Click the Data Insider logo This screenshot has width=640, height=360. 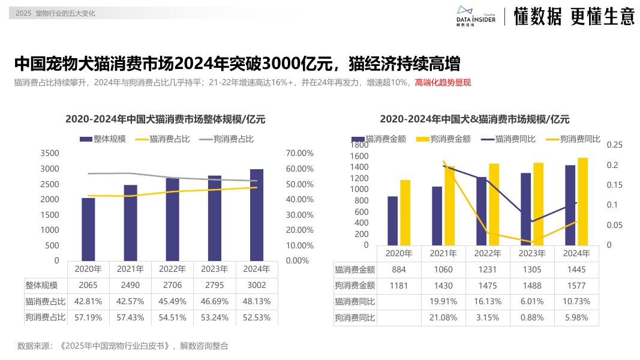476,16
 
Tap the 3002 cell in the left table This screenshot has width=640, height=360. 256,285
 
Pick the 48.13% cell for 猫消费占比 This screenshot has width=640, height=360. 256,301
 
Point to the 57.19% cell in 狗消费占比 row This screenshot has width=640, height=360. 88,317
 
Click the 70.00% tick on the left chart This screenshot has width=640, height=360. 299,153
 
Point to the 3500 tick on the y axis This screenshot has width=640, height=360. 50,153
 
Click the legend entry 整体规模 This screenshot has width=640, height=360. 103,139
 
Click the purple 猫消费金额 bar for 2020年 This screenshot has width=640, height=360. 392,220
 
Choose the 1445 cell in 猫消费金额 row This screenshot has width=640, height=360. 576,270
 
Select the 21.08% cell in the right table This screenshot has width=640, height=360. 444,317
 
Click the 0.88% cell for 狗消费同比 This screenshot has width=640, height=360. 532,317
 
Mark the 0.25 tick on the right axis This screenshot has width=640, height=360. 615,145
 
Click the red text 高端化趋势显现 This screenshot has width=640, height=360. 443,82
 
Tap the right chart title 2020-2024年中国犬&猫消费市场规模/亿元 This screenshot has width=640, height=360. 474,119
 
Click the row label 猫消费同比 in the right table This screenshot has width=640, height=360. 355,301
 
